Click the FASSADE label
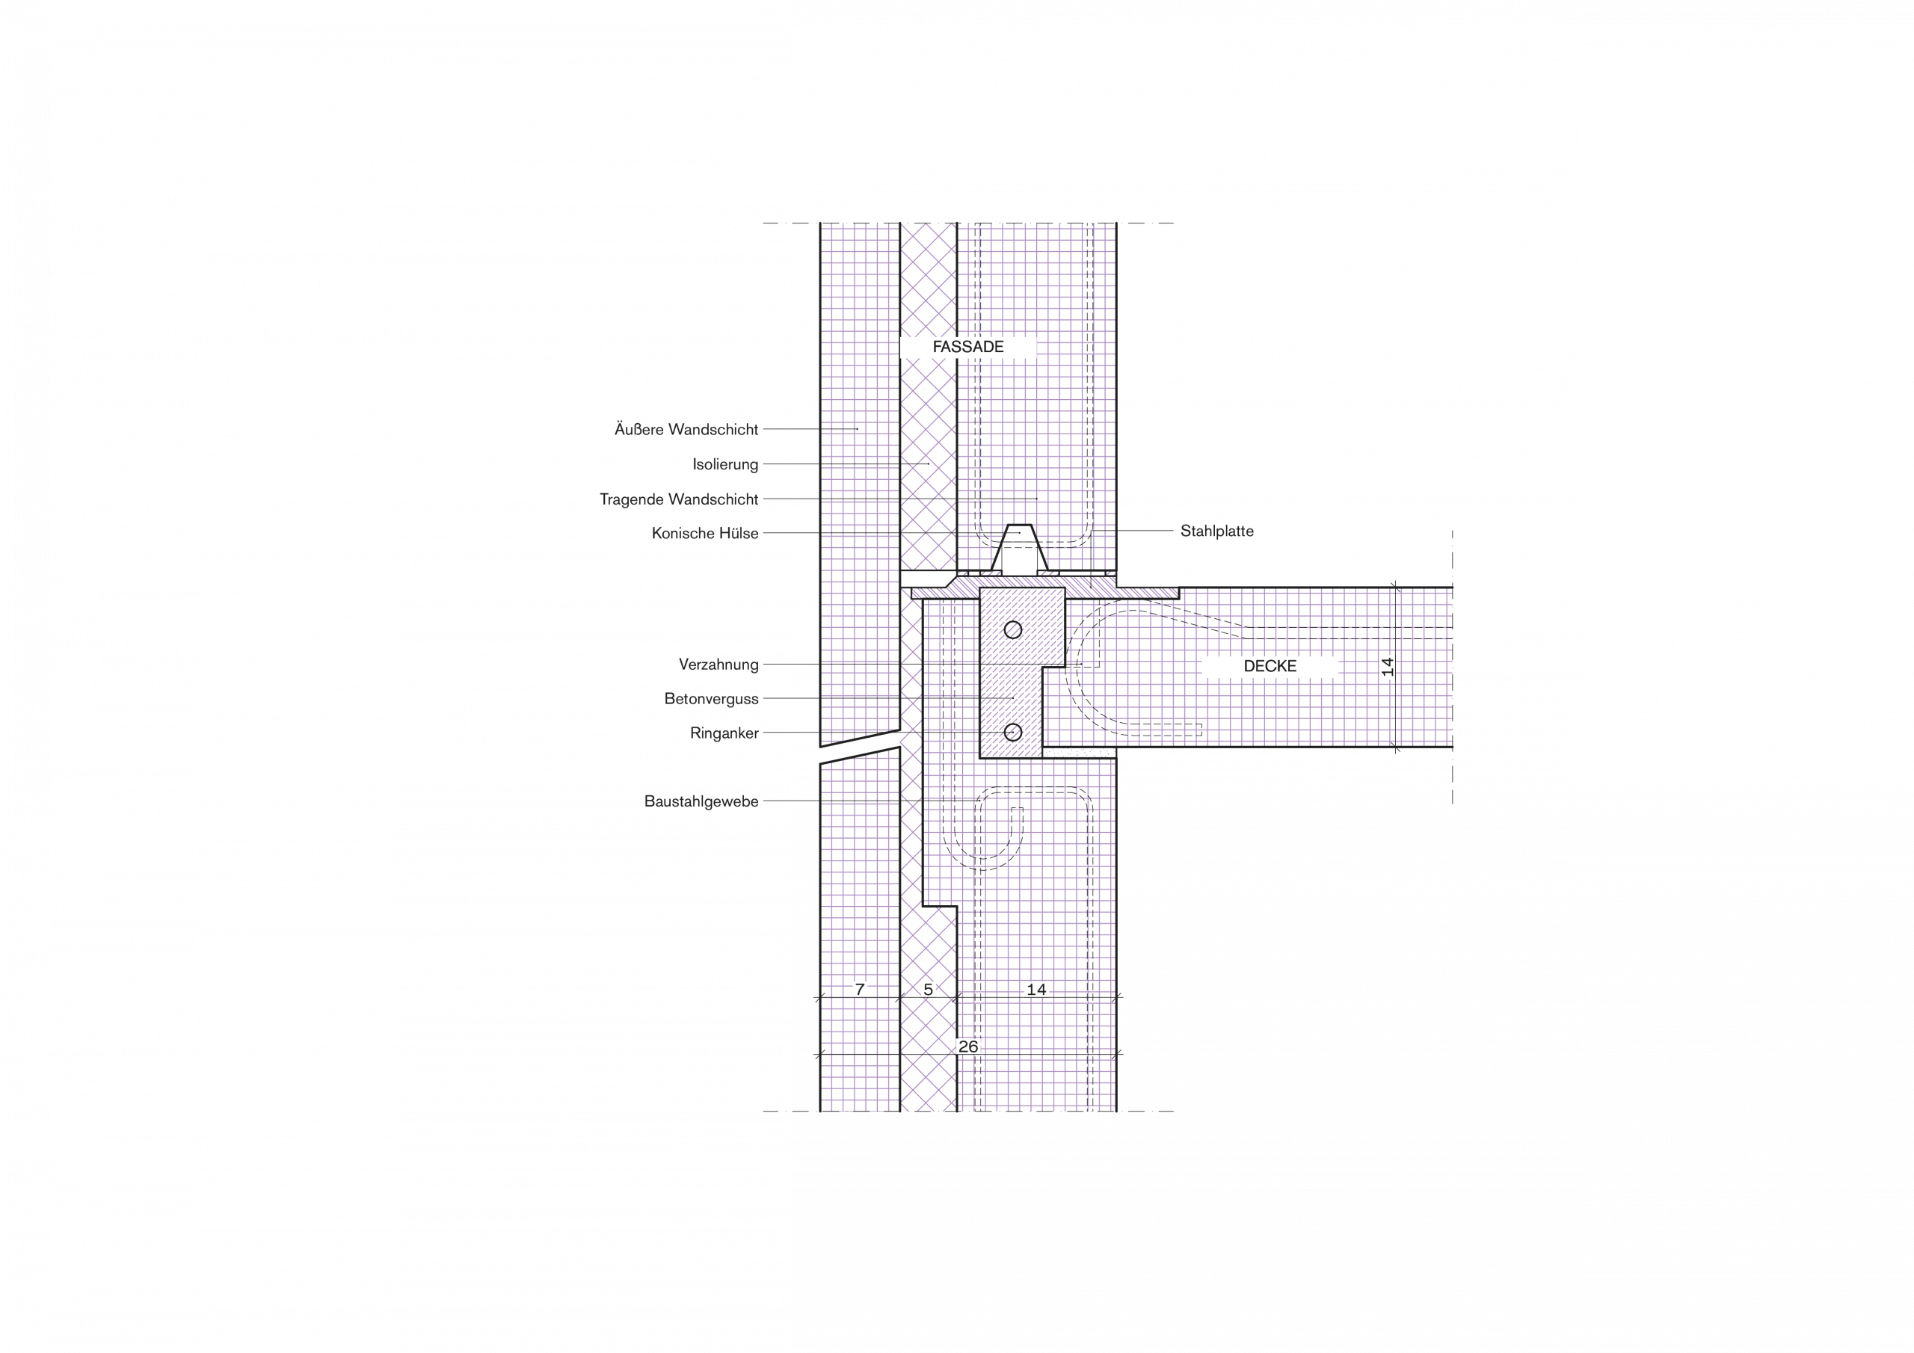[x=967, y=347]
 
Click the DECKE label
[x=1270, y=666]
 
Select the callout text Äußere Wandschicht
[x=686, y=429]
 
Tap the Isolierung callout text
[x=725, y=464]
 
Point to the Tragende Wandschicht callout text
[x=679, y=499]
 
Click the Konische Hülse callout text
[x=705, y=534]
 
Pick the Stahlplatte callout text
[x=1217, y=531]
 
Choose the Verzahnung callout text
[x=718, y=665]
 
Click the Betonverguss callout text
[x=711, y=699]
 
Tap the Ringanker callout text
[x=724, y=733]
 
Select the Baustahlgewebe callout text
[x=701, y=801]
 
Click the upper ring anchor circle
[x=1013, y=629]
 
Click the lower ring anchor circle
[x=1013, y=732]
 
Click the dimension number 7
[x=861, y=990]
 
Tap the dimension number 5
[x=928, y=990]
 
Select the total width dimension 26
[x=967, y=1047]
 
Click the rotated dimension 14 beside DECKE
[x=1387, y=667]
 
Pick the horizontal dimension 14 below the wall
[x=1036, y=990]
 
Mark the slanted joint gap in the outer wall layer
[x=861, y=747]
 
